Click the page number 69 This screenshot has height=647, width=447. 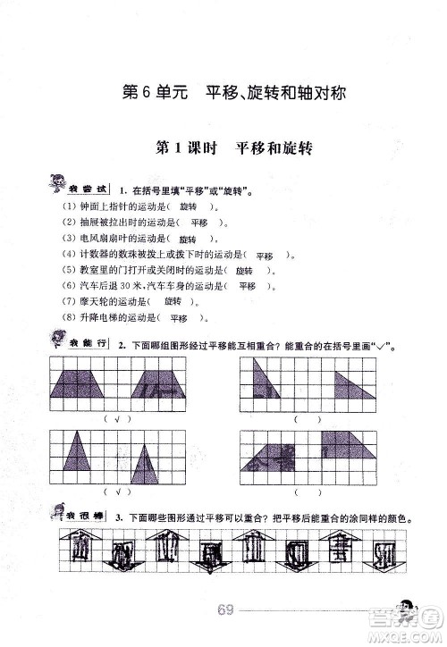coord(224,610)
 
